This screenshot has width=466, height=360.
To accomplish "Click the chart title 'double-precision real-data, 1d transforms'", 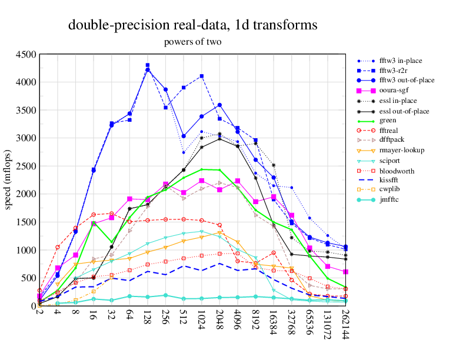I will point(193,25).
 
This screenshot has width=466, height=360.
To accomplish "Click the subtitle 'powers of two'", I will point(193,42).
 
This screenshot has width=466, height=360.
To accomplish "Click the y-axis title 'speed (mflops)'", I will point(8,180).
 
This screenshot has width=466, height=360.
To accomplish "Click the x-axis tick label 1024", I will point(202,319).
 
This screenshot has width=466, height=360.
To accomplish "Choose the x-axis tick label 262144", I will point(346,324).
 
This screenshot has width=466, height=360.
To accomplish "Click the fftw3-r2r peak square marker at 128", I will point(148,65).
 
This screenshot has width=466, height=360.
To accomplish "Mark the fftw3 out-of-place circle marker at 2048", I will point(219,105).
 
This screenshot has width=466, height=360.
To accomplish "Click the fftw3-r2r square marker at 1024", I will point(202,76).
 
